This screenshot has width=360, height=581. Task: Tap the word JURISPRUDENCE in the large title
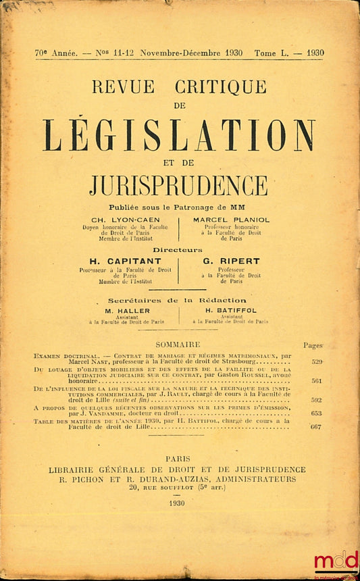pyautogui.click(x=178, y=184)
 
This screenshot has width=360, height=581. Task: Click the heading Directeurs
pyautogui.click(x=178, y=249)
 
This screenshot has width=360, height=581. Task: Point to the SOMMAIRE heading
pyautogui.click(x=178, y=345)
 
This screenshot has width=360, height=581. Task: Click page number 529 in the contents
pyautogui.click(x=316, y=362)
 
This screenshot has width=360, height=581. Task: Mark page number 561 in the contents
pyautogui.click(x=316, y=381)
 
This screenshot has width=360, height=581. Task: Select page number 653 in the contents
pyautogui.click(x=316, y=413)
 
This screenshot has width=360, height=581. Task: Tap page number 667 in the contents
pyautogui.click(x=316, y=426)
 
